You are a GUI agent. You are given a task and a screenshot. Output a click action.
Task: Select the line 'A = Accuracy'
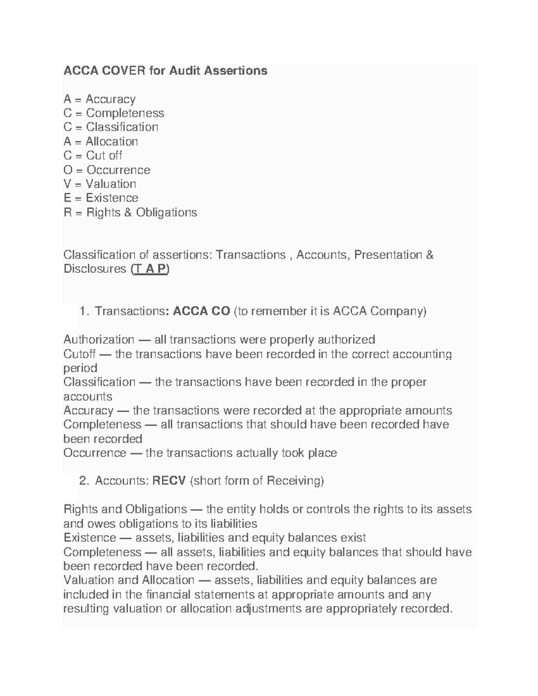(x=100, y=99)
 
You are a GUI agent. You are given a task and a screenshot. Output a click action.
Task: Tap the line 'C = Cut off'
(x=93, y=156)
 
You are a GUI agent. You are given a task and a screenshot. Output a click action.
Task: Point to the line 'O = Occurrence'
(x=107, y=170)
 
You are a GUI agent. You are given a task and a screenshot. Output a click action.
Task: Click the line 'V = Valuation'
(x=100, y=184)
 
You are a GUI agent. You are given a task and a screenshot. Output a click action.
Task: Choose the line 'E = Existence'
(x=101, y=198)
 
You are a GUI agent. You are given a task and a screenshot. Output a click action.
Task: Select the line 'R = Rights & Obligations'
(x=130, y=212)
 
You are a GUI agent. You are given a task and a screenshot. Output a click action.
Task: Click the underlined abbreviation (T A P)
(x=150, y=269)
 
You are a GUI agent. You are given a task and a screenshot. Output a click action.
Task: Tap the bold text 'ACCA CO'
(x=202, y=311)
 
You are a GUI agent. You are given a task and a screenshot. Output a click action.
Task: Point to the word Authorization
(x=99, y=340)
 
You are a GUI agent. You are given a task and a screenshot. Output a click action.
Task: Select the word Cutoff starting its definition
(x=79, y=354)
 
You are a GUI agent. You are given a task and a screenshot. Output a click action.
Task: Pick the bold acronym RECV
(x=169, y=481)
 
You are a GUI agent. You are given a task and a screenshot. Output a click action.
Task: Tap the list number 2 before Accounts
(x=83, y=481)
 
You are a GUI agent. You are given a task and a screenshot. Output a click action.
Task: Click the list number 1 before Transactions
(x=83, y=311)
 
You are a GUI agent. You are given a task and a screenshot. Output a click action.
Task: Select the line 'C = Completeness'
(x=114, y=113)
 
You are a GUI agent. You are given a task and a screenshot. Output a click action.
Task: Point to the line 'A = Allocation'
(x=101, y=142)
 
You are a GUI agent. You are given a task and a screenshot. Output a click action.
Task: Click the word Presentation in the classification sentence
(x=387, y=255)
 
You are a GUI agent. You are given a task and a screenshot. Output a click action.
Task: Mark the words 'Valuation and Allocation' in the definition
(x=129, y=580)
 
